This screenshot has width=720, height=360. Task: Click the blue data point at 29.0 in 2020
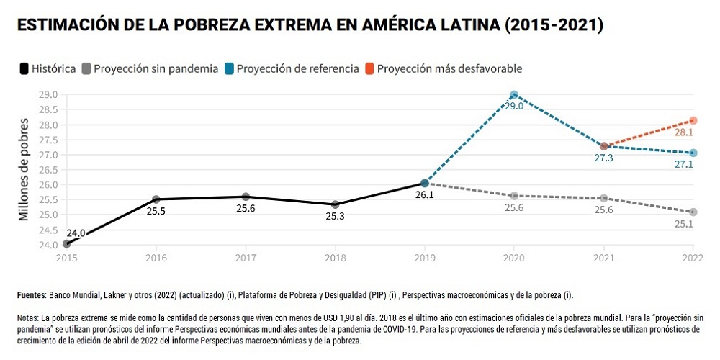point(514,94)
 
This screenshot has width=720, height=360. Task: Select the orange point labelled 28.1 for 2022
point(693,120)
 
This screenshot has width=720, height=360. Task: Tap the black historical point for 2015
point(67,244)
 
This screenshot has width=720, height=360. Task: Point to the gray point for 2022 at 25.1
point(693,212)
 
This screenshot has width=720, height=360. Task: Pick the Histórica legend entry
point(48,69)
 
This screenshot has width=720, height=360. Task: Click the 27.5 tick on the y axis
point(49,140)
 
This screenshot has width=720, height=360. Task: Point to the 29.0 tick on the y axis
point(49,94)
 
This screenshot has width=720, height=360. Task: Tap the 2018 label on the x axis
point(335,257)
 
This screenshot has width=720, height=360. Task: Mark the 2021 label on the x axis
point(603,257)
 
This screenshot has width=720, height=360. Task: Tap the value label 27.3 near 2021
point(603,158)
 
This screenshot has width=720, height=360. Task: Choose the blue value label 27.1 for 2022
point(684,165)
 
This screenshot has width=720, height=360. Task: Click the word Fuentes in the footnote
point(31,295)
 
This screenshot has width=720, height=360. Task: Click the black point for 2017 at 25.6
point(246,197)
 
